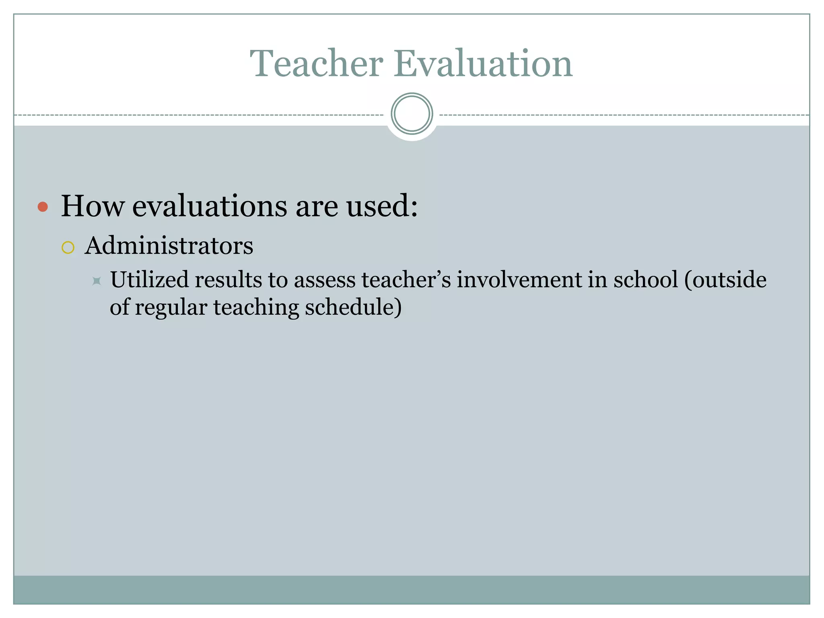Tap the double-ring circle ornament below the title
[x=412, y=114]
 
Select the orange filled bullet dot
[x=43, y=207]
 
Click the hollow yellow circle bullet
[x=68, y=247]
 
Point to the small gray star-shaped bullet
[x=97, y=281]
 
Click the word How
[x=93, y=206]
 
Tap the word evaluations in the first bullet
[x=210, y=206]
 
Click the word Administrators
[x=169, y=245]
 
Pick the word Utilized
[x=149, y=280]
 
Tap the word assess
[x=325, y=280]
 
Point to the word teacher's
[x=406, y=280]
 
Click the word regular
[x=171, y=308]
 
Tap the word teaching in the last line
[x=256, y=308]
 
